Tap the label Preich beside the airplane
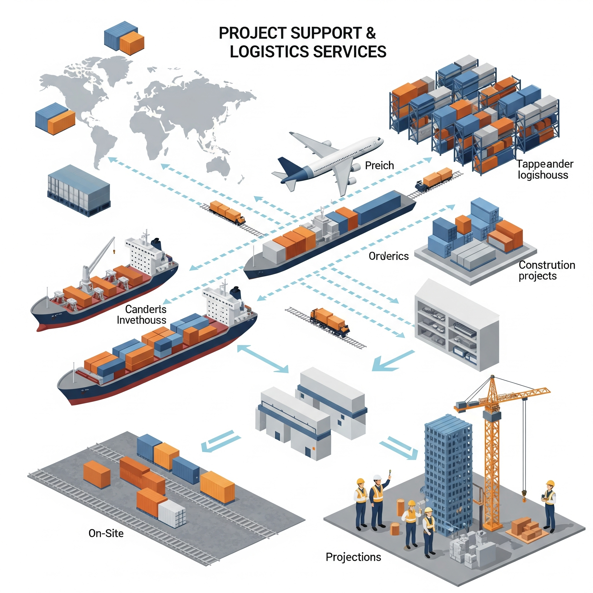point(379,166)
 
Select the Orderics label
point(389,256)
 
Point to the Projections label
point(353,557)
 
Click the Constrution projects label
point(547,270)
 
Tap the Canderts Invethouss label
point(142,315)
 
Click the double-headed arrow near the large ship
point(263,358)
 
